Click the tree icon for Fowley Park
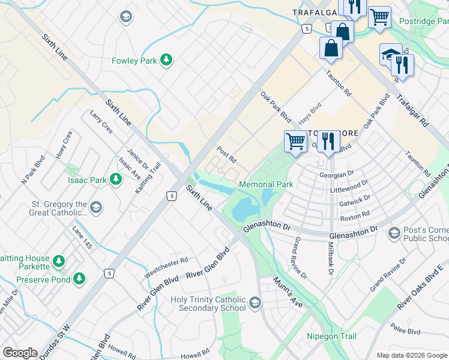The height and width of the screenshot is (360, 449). coord(166,60)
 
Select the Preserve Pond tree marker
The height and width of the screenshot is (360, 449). coord(79,279)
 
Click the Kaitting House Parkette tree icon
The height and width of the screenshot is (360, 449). coord(58,261)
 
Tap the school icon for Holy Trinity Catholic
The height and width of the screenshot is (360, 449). coord(256,304)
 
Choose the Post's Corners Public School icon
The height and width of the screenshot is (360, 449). coord(394,233)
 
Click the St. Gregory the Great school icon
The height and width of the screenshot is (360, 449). coord(96,208)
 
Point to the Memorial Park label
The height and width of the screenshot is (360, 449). coord(266,184)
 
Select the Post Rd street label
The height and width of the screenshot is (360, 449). coord(226,155)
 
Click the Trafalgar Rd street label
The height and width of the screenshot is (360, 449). coord(414,112)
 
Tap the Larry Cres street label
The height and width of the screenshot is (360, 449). coord(101,122)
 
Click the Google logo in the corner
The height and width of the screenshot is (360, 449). coord(20,353)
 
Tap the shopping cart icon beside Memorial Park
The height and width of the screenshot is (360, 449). coord(295,142)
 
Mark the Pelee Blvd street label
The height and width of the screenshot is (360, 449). coord(406,330)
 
